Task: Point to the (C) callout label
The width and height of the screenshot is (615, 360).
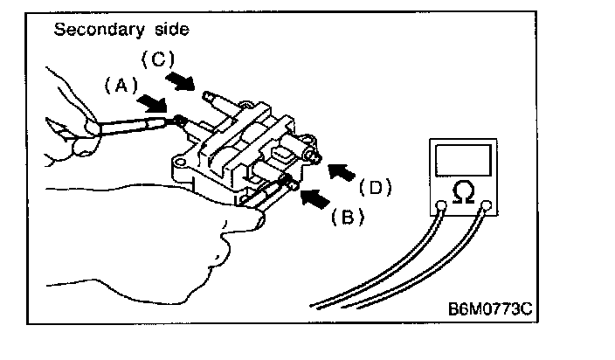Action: coord(159,60)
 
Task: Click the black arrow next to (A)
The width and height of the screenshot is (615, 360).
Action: coord(153,103)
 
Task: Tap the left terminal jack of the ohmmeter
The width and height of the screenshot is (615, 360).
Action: coord(442,207)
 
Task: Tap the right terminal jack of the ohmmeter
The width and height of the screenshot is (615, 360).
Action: coord(488,207)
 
